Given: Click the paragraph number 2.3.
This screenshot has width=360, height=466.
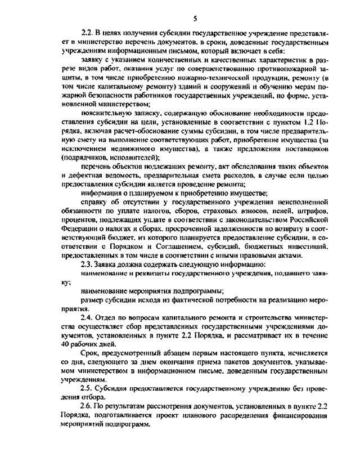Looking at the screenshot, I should (x=88, y=264).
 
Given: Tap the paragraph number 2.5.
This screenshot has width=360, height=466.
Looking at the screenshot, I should (x=88, y=388).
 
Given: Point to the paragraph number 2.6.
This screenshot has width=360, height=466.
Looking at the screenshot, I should (x=88, y=406).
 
